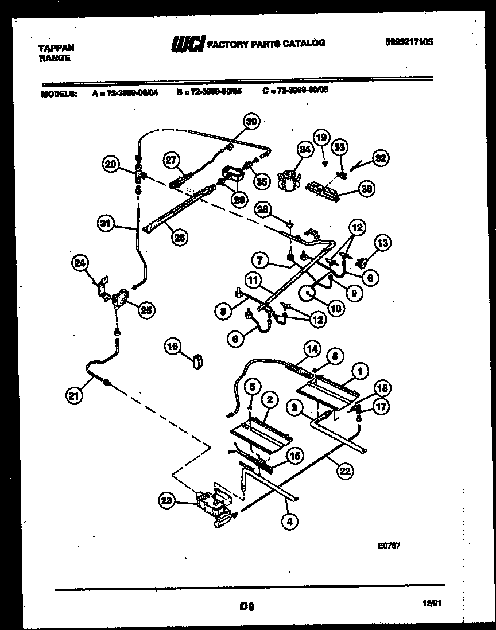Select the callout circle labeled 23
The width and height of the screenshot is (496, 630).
pos(166,501)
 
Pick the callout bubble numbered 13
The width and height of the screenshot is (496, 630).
pos(382,243)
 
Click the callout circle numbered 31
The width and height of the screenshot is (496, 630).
pos(105,225)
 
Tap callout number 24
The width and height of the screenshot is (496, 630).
pos(80,263)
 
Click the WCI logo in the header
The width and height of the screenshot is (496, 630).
pos(187,44)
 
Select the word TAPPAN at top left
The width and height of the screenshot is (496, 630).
pos(56,48)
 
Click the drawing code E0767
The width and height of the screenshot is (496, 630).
pos(389,546)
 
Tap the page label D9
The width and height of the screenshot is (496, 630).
pos(246,604)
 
